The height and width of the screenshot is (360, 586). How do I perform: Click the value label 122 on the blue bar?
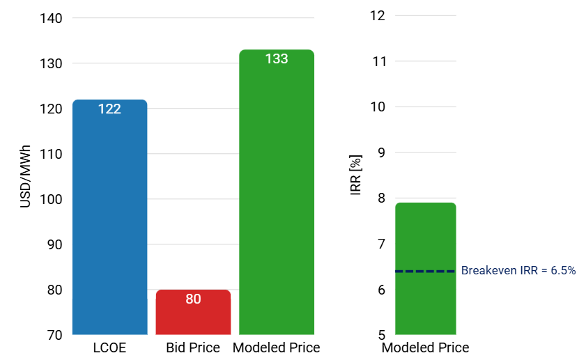[x=109, y=109]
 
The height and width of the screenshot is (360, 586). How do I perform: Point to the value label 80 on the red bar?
[x=193, y=299]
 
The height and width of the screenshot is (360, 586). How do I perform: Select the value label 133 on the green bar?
[x=277, y=59]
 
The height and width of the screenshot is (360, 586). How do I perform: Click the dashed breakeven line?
[x=425, y=271]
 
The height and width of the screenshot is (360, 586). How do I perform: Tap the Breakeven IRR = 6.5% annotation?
[x=518, y=271]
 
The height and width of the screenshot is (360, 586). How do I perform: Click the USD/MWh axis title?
[x=25, y=176]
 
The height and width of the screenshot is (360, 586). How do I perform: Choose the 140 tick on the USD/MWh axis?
[x=53, y=18]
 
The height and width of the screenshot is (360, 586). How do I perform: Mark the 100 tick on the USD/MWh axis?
[x=53, y=199]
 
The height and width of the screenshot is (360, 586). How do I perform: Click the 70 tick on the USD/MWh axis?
[x=56, y=335]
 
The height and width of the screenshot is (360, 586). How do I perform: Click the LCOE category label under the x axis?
[x=109, y=347]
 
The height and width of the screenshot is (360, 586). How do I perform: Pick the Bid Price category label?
[x=193, y=347]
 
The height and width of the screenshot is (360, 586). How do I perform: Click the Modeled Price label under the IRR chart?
[x=425, y=347]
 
